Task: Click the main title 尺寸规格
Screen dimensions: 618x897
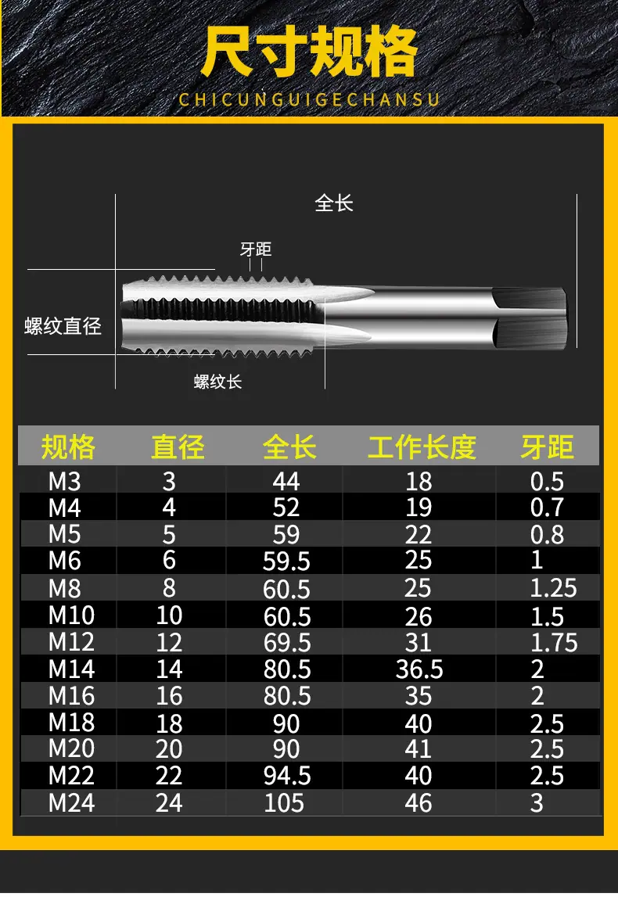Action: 309,52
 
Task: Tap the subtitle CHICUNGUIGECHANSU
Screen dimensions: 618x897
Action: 309,99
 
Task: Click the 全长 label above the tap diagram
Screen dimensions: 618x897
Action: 334,203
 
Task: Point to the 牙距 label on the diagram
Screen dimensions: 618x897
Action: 255,249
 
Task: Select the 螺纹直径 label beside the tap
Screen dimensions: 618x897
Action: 63,326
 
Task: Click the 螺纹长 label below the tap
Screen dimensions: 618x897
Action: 218,382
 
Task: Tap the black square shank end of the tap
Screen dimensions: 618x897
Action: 530,318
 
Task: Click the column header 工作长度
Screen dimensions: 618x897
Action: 422,447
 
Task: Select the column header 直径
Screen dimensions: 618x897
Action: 178,447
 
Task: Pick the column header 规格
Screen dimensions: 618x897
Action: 68,447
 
